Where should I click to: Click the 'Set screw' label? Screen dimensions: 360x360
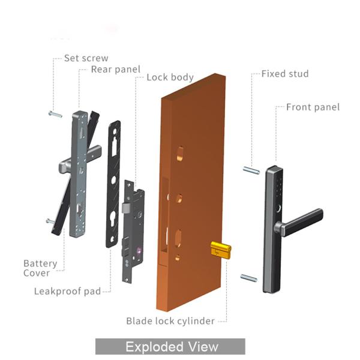(86, 59)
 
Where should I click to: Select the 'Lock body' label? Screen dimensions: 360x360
(170, 77)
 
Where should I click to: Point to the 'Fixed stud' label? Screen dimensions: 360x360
(285, 74)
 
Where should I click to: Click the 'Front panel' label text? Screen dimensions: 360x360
(313, 107)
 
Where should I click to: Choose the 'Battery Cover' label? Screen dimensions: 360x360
(40, 268)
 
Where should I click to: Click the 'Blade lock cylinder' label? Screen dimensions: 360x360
(170, 321)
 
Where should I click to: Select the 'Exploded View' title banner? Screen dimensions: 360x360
(170, 347)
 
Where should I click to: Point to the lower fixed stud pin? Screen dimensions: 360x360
(249, 277)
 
